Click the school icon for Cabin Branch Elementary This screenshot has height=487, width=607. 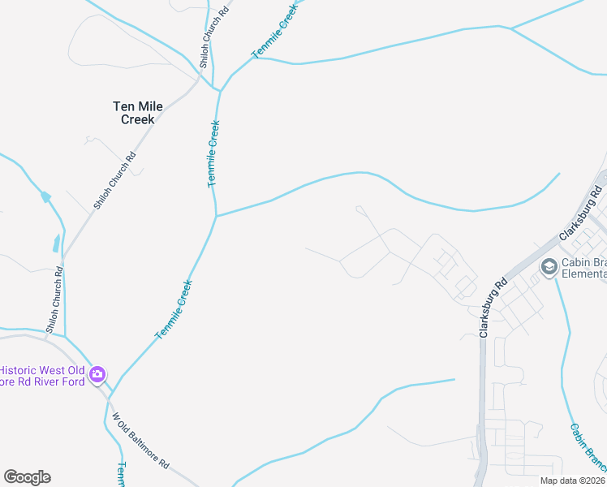pos(549,266)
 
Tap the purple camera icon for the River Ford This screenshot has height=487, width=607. pos(98,374)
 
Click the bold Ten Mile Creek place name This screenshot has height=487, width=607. pos(134,112)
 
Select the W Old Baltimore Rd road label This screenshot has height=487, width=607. pos(140,441)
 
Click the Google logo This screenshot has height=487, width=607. pos(27,477)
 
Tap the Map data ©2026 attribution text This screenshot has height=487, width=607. pos(572,481)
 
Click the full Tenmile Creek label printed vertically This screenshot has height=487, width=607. pos(213,154)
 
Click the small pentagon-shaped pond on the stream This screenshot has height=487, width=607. pos(46,196)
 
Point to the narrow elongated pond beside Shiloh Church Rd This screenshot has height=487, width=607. pos(55,243)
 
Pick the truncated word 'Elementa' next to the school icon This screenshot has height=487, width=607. pos(584,274)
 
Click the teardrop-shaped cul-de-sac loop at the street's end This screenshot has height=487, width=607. pos(359,210)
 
